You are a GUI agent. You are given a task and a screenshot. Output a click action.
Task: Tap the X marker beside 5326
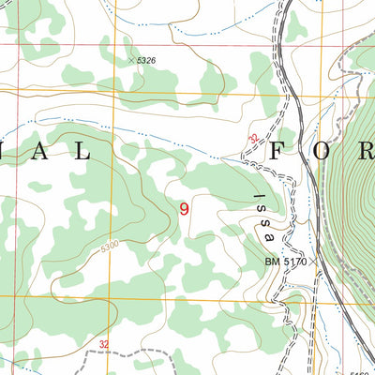tap(131, 60)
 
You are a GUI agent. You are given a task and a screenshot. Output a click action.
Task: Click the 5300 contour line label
tap(110, 247)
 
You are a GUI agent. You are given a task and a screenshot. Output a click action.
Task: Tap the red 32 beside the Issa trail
tap(253, 140)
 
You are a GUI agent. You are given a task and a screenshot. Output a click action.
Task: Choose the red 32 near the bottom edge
tap(103, 346)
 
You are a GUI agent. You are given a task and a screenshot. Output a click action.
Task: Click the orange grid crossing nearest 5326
tap(111, 95)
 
